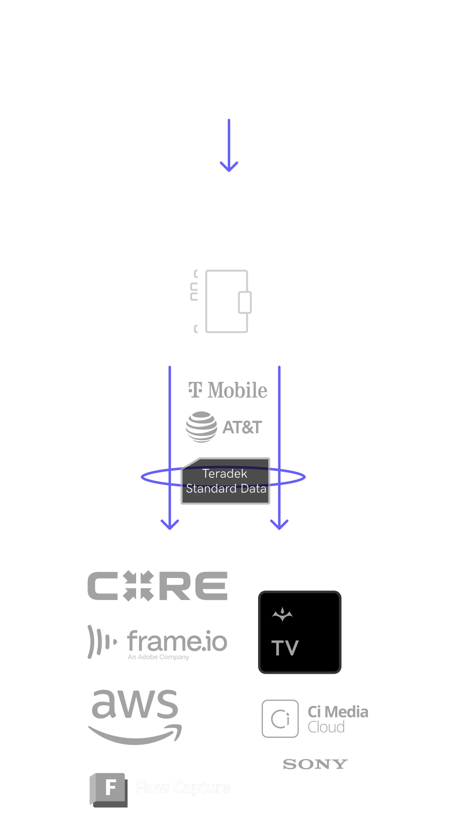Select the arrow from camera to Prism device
pyautogui.click(x=229, y=145)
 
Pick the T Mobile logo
pyautogui.click(x=228, y=390)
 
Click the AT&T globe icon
pyautogui.click(x=201, y=427)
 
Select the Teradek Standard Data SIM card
pyautogui.click(x=226, y=481)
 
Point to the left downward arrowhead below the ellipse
pyautogui.click(x=170, y=524)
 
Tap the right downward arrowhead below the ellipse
pyautogui.click(x=279, y=524)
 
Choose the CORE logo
pyautogui.click(x=157, y=586)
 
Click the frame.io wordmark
pyautogui.click(x=177, y=641)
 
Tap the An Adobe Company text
pyautogui.click(x=158, y=657)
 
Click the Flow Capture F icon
pyautogui.click(x=109, y=789)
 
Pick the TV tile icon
pyautogui.click(x=300, y=632)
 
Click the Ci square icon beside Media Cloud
pyautogui.click(x=280, y=719)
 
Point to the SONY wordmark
pyautogui.click(x=315, y=764)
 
